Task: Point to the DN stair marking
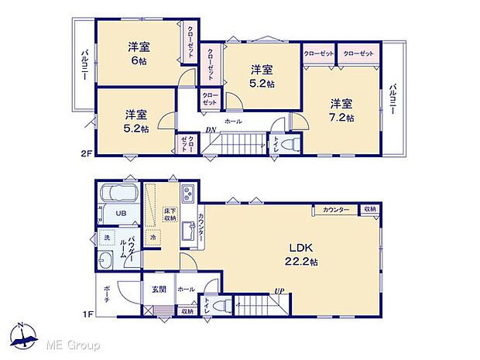click(210, 130)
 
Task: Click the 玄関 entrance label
click(157, 289)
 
